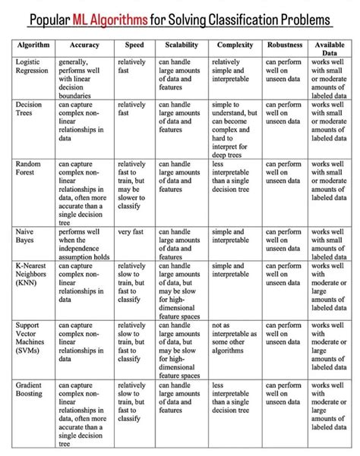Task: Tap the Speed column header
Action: [x=134, y=46]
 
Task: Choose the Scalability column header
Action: [x=182, y=46]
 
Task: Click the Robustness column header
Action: [x=285, y=46]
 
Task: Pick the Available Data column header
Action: [x=330, y=50]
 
